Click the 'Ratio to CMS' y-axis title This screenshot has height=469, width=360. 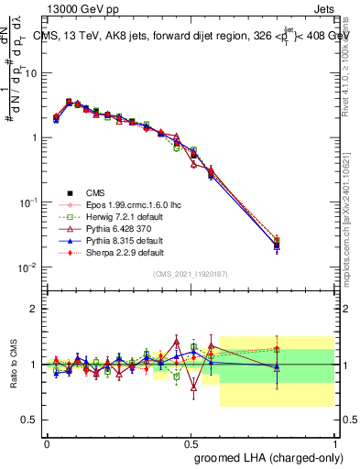15,365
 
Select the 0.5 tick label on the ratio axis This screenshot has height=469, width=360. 30,420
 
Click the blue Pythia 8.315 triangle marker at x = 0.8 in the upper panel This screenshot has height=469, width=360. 278,246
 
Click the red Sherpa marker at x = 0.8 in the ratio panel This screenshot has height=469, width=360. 278,348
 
